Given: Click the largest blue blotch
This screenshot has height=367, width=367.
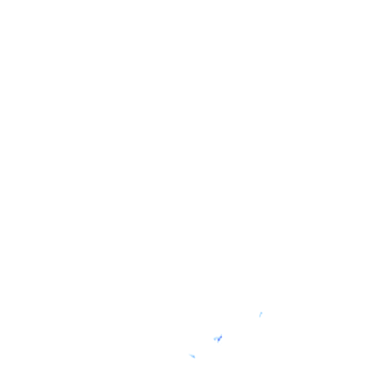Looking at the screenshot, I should point(218,338).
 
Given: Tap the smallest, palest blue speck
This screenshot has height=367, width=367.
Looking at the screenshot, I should point(261,314).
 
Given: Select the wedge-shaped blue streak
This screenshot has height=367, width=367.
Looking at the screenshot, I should point(192,356).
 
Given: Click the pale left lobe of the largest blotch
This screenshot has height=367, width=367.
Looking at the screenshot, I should point(215,339).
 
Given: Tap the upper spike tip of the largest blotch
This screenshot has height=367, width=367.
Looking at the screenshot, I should point(221,335).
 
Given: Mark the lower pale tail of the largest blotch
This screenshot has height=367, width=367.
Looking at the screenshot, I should point(218,342).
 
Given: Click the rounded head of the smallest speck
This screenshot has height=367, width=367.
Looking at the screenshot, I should point(261,313).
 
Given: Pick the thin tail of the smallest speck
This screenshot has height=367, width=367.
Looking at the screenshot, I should point(260,316).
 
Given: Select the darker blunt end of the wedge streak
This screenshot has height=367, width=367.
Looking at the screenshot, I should point(194,357).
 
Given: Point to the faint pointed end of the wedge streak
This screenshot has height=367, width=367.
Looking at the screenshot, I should point(190,354).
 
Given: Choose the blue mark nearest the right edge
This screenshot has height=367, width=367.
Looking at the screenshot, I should point(261,314).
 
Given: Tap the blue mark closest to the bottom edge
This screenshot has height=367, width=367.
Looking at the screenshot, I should point(192,356).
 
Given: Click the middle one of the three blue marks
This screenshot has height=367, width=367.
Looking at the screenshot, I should point(218,338).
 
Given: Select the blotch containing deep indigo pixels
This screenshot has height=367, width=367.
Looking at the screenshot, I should point(218,338).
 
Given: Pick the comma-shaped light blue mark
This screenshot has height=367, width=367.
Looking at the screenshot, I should point(261,314).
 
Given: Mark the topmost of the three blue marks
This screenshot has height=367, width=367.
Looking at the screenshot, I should point(261,314).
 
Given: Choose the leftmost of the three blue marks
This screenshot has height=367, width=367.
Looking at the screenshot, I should point(192,356).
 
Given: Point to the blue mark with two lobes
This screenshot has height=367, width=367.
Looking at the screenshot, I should point(218,339).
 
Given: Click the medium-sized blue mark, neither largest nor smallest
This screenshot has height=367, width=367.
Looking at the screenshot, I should point(192,356).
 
